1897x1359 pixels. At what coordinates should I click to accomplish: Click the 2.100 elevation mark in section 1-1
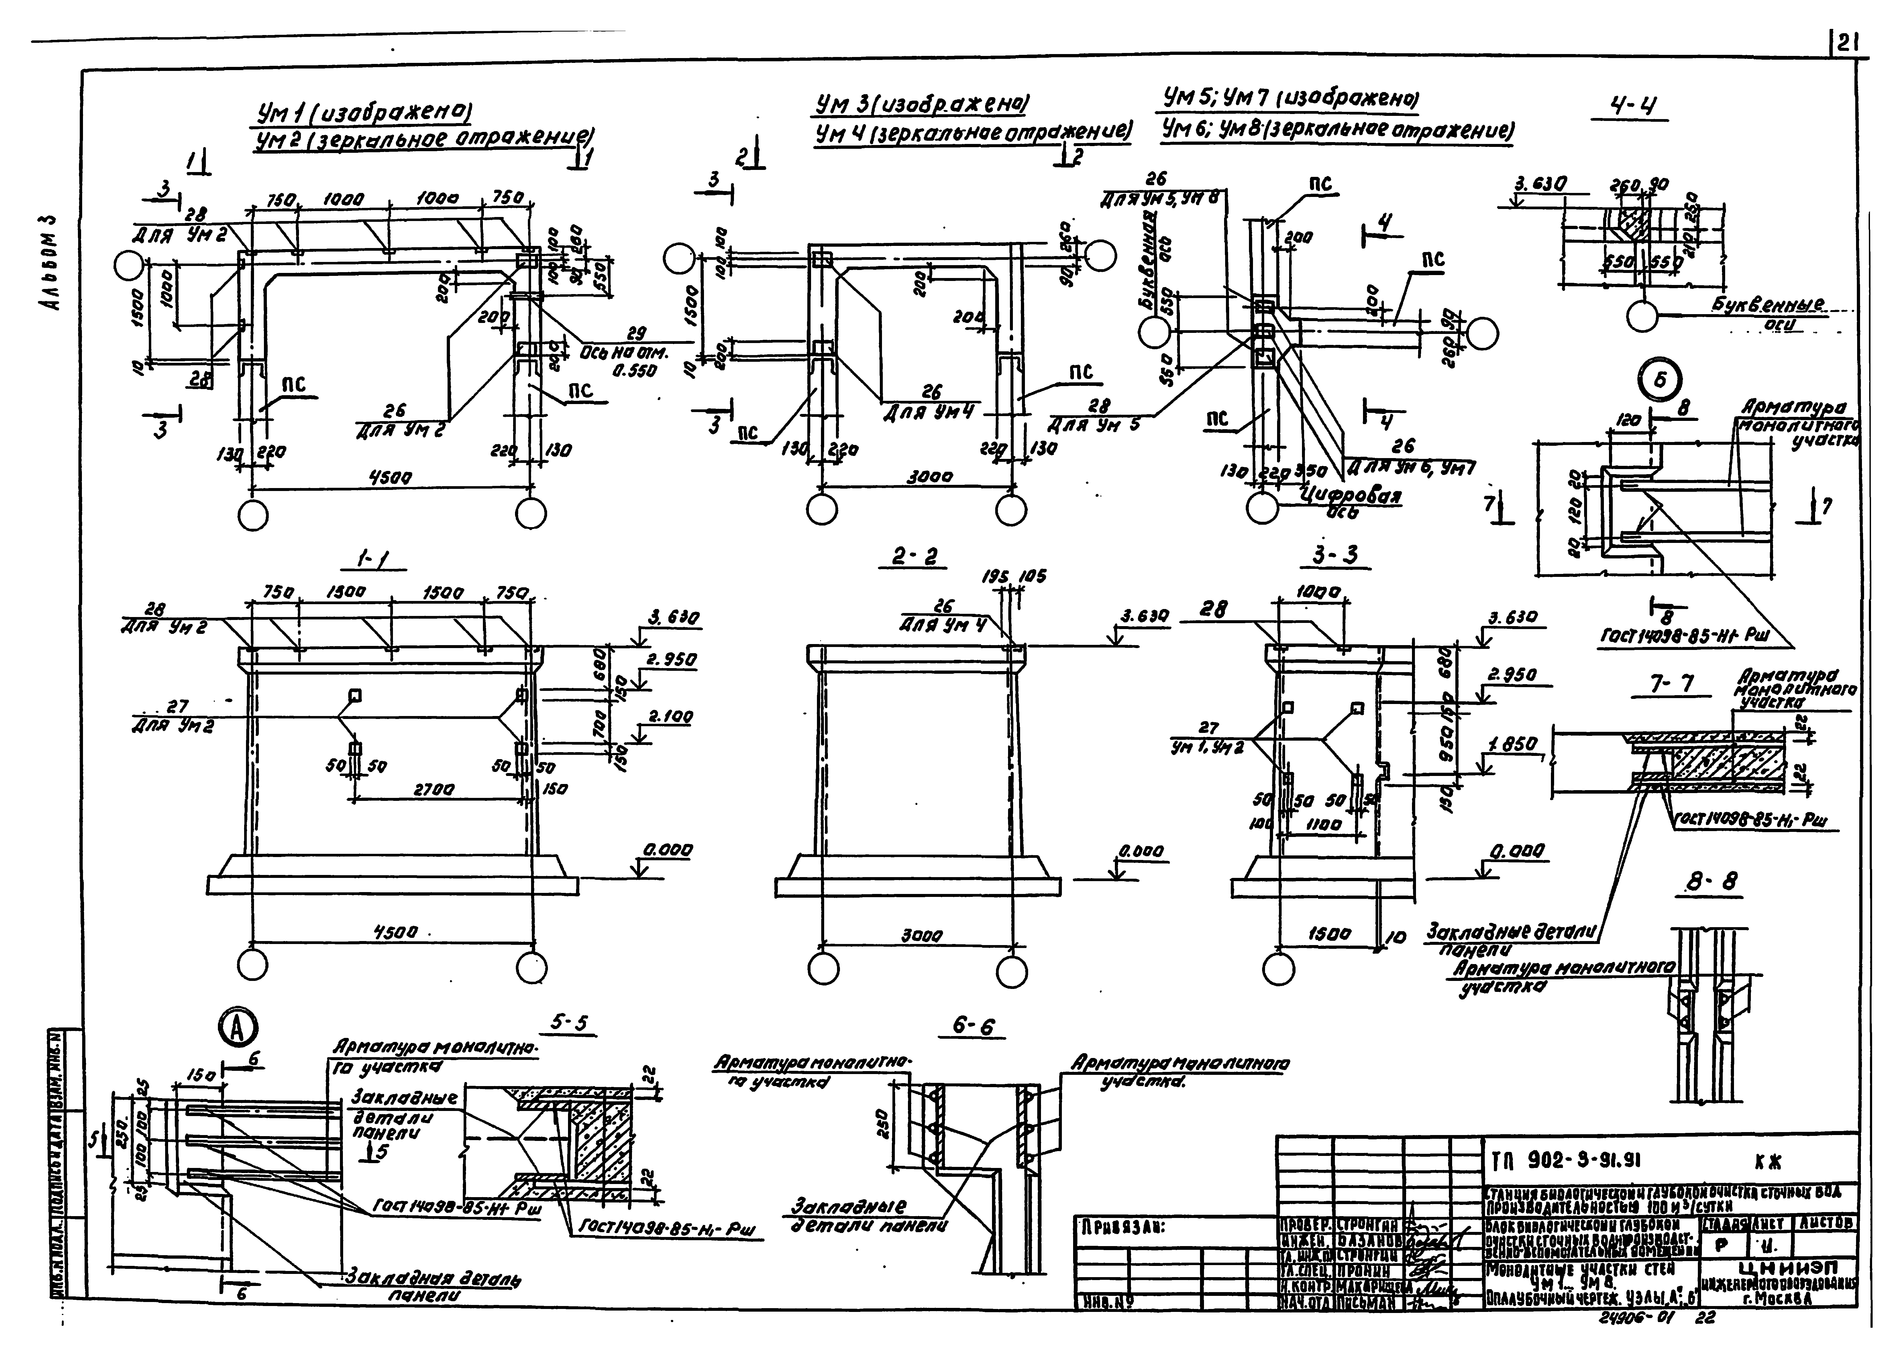(670, 717)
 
